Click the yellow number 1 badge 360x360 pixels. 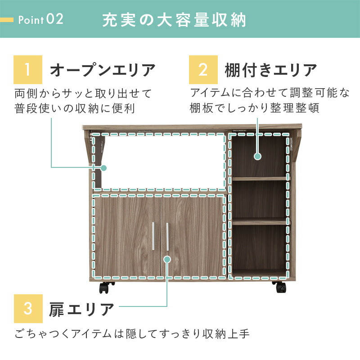tap(28, 70)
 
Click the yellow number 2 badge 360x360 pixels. tap(203, 70)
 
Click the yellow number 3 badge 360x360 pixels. tap(28, 309)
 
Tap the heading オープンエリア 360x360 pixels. tap(103, 70)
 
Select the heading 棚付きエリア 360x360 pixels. tap(271, 70)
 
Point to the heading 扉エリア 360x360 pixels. tap(81, 309)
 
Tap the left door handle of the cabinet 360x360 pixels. tap(154, 235)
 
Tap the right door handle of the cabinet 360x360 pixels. tap(167, 235)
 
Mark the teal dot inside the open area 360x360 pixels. tap(103, 168)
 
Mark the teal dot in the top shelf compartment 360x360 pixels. tap(257, 157)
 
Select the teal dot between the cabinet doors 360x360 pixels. tap(167, 260)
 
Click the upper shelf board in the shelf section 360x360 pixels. tap(259, 179)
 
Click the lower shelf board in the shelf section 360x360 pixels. tap(259, 221)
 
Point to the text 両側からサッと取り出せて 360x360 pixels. tap(83, 94)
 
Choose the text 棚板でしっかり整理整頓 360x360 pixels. tap(255, 108)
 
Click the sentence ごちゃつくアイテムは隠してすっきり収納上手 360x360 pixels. tap(131, 334)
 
